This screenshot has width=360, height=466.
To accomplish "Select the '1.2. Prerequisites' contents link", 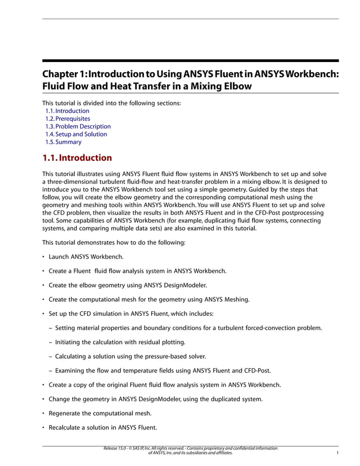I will (68, 119).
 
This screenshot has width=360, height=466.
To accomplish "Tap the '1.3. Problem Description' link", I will (78, 127).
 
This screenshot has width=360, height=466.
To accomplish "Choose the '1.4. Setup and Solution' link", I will (76, 134).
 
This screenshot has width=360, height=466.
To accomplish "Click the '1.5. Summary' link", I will (63, 142).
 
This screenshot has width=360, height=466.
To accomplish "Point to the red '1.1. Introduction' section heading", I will (77, 158).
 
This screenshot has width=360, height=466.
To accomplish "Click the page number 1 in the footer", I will (337, 453).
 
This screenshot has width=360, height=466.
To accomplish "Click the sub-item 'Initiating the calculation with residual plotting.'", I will (120, 342).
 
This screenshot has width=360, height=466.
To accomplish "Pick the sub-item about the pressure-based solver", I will (130, 357).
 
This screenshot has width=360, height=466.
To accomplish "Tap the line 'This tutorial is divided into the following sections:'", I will (112, 103).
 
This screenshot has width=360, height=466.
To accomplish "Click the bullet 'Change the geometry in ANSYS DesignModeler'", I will (156, 399).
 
